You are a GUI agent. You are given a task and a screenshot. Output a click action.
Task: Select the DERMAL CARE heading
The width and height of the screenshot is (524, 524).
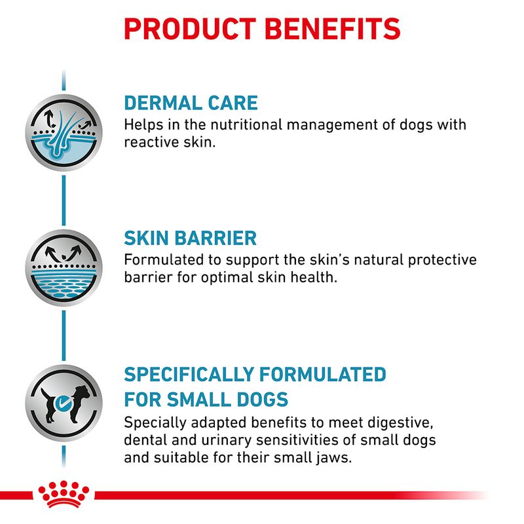click(x=191, y=103)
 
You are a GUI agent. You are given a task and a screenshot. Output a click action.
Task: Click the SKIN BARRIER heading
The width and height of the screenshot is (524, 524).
click(x=190, y=238)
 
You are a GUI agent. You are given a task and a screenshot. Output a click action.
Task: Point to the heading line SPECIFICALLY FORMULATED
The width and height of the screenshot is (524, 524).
click(x=255, y=375)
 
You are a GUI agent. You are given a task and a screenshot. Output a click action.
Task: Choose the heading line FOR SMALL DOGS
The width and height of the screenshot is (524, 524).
click(x=206, y=398)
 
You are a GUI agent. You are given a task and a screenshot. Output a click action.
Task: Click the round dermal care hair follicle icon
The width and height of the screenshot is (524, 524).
click(x=63, y=132)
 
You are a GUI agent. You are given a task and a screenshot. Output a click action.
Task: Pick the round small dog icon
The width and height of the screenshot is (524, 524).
click(x=63, y=403)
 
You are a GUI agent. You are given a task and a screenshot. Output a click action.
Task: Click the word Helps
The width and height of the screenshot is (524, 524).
click(x=141, y=124)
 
